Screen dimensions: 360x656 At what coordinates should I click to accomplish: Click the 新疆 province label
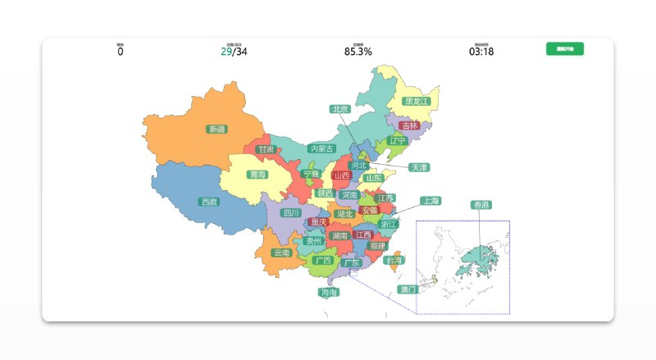click(217, 129)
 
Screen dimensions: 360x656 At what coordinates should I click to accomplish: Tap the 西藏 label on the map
click(209, 202)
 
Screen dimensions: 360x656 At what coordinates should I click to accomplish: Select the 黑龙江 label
click(417, 102)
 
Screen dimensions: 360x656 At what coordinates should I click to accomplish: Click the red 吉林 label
click(410, 125)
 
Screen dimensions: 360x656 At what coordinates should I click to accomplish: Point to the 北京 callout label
click(340, 108)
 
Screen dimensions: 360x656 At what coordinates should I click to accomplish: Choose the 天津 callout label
click(419, 167)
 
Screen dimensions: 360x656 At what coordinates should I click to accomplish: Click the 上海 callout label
click(430, 200)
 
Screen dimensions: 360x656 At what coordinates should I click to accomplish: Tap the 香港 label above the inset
click(481, 204)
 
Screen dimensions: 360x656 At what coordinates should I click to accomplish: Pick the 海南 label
click(329, 292)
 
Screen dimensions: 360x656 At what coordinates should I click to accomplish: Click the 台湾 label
click(394, 260)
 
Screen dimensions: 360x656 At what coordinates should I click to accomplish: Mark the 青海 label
click(258, 175)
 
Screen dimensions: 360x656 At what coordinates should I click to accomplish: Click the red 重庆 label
click(319, 222)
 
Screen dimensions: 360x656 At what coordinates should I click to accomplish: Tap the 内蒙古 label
click(321, 149)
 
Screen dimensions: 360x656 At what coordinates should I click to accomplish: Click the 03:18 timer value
click(481, 52)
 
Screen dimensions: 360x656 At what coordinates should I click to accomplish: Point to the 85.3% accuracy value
click(358, 52)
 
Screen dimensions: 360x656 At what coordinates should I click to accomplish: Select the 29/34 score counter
click(234, 52)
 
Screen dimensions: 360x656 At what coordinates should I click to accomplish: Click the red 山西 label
click(342, 175)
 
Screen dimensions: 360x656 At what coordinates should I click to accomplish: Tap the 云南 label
click(281, 253)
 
